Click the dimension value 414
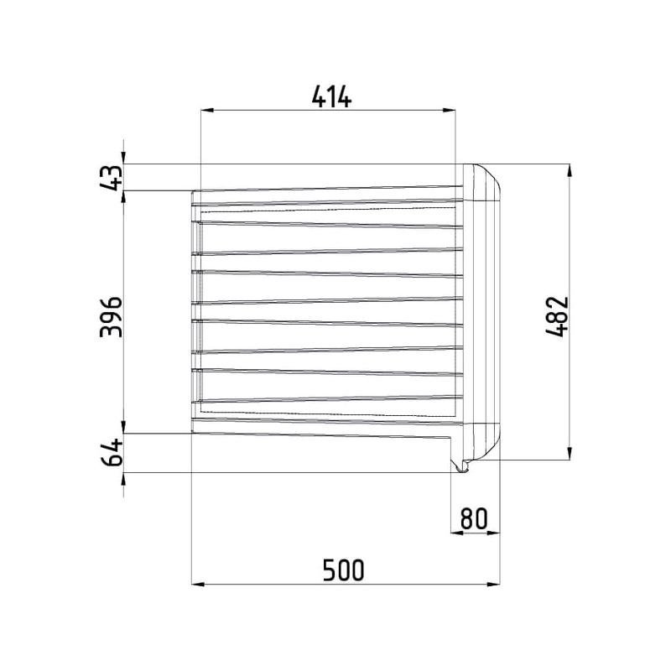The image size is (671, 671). pyautogui.click(x=331, y=97)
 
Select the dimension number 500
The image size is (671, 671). pyautogui.click(x=344, y=570)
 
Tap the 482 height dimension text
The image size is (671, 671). pyautogui.click(x=556, y=316)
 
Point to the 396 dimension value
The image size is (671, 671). pyautogui.click(x=111, y=316)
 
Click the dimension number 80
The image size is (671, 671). pyautogui.click(x=474, y=519)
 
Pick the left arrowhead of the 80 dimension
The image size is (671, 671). pyautogui.click(x=458, y=533)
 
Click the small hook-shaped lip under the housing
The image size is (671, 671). pyautogui.click(x=460, y=466)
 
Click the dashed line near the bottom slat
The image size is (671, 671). pyautogui.click(x=327, y=414)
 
